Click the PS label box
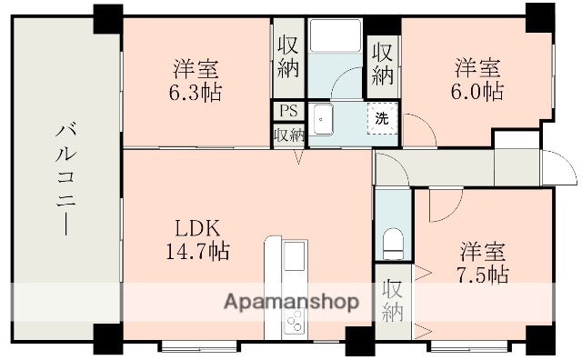(288, 112)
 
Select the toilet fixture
(393, 244)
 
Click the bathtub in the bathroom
(336, 37)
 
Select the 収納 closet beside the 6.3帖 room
(288, 57)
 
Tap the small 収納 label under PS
(288, 135)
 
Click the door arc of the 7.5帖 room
(444, 205)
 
